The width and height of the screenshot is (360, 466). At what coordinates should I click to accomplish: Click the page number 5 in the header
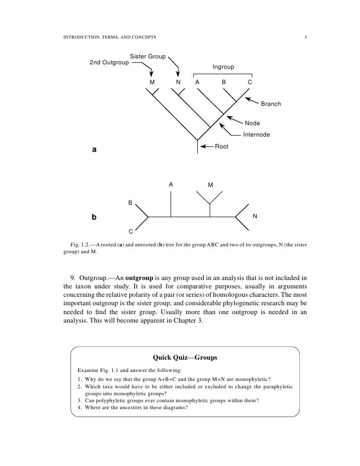click(x=306, y=38)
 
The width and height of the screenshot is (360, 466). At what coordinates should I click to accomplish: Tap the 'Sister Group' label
click(x=147, y=57)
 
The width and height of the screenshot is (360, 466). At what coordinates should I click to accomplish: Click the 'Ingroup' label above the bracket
click(x=223, y=67)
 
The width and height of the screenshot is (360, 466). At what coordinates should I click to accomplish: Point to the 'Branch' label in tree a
click(x=270, y=104)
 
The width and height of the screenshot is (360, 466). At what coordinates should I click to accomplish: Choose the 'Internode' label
click(x=256, y=135)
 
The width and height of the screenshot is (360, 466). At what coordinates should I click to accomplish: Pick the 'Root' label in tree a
click(x=221, y=146)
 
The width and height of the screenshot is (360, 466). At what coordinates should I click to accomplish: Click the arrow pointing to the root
click(x=206, y=146)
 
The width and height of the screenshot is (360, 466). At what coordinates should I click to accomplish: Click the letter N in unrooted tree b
click(x=255, y=216)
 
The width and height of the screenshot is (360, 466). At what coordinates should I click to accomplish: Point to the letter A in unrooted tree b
click(x=171, y=185)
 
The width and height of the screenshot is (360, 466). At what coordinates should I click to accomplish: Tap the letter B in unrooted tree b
click(x=131, y=203)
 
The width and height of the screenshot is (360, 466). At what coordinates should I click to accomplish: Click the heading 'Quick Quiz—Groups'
click(x=185, y=357)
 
